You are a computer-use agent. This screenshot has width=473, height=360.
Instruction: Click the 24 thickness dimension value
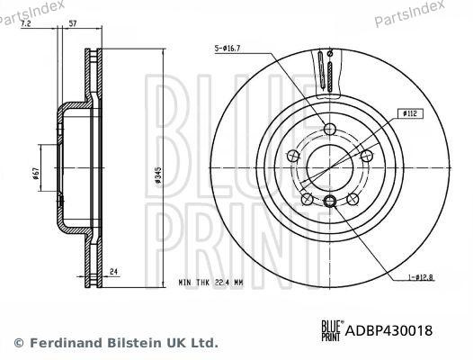click(x=114, y=270)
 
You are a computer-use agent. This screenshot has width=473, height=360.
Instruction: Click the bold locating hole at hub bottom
click(x=330, y=201)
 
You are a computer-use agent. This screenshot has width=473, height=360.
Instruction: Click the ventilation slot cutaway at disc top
click(x=325, y=69)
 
